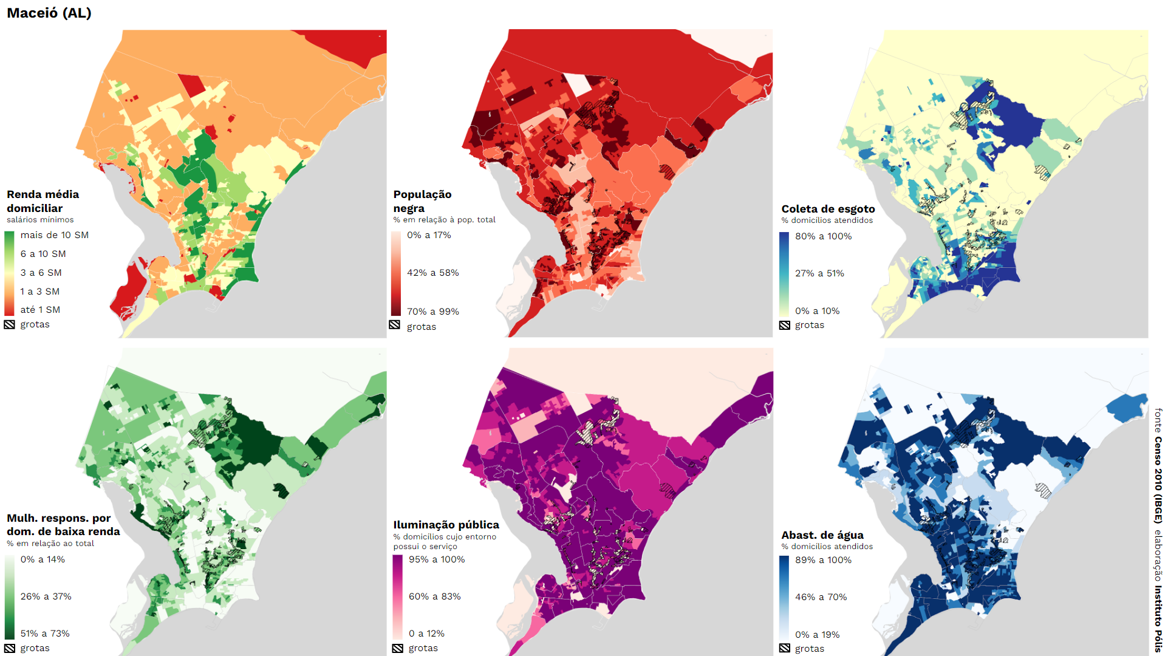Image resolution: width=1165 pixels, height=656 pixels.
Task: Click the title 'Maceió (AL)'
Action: click(x=49, y=13)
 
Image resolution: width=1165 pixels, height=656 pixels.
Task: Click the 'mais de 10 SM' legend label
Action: click(x=54, y=235)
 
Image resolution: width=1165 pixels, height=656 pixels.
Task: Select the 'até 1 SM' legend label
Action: click(x=40, y=310)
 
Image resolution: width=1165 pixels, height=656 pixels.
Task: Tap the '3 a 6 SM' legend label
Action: click(x=41, y=273)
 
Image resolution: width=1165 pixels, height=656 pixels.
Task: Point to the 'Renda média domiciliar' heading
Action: click(x=43, y=201)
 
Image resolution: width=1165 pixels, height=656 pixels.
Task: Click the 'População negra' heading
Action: click(x=422, y=201)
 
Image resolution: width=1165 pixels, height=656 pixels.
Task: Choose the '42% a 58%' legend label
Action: click(x=432, y=273)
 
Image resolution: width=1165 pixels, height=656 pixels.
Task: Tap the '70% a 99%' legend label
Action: click(x=432, y=312)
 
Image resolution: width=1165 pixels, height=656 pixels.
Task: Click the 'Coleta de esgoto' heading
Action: click(x=828, y=209)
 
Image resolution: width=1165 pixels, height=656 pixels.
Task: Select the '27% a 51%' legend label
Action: click(x=819, y=273)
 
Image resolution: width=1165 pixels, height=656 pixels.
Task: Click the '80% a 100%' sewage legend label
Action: click(x=823, y=236)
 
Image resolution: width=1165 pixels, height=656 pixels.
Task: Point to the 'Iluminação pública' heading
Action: click(x=446, y=525)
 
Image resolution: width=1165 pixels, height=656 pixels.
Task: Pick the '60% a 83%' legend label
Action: click(x=434, y=596)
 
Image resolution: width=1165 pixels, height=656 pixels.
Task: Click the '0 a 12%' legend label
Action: click(x=426, y=634)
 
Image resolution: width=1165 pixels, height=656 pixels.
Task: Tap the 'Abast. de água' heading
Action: click(x=822, y=535)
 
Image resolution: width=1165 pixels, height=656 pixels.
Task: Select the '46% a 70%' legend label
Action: click(x=821, y=597)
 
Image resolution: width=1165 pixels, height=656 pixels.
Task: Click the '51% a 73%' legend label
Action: click(x=45, y=634)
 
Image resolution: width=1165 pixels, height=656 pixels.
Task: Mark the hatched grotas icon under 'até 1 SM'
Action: click(x=9, y=324)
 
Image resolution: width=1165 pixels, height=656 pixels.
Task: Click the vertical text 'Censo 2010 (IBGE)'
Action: click(x=1158, y=480)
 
